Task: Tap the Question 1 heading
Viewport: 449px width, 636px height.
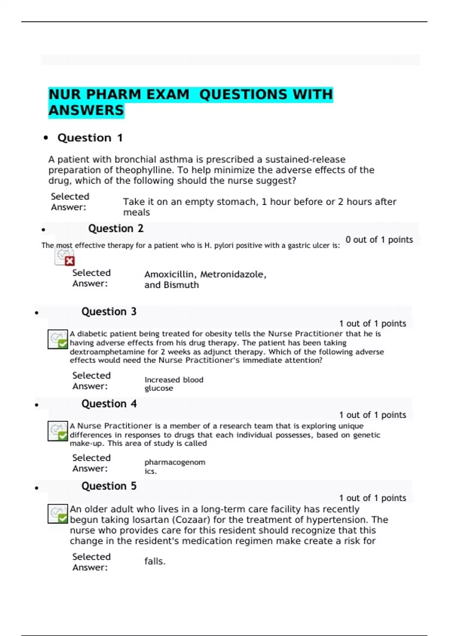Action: pos(90,138)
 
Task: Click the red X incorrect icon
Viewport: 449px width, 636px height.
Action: pos(69,261)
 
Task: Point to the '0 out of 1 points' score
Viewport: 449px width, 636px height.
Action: pos(379,239)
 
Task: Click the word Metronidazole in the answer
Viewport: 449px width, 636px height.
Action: pos(233,274)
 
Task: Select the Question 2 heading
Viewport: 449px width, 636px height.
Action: pos(116,228)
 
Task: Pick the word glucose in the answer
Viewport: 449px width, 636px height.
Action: pos(159,388)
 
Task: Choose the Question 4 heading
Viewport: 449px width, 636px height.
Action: pos(109,404)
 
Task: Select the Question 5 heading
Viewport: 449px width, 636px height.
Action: pos(109,486)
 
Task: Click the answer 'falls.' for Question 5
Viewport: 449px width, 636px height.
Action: pos(155,561)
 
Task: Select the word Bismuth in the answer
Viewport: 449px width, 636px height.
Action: pos(181,285)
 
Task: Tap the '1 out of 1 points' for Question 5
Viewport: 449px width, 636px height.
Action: pos(372,498)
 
